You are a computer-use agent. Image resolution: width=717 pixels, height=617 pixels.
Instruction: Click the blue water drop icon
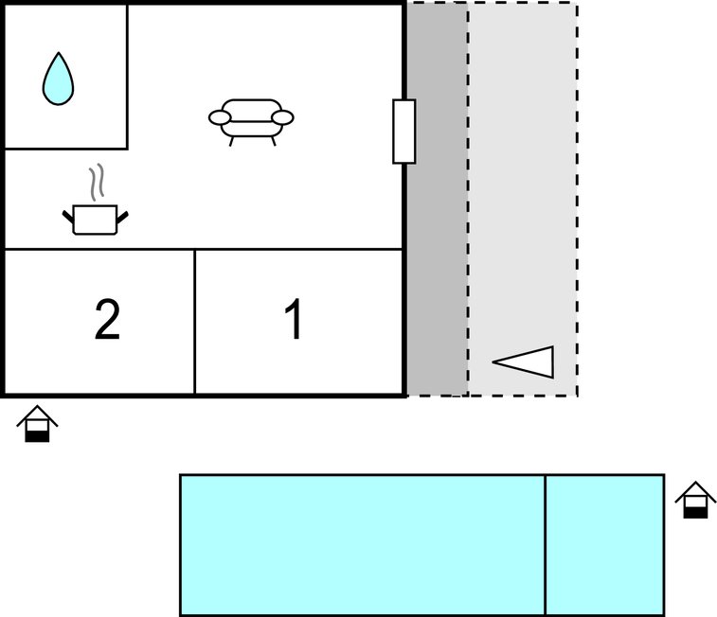point(58,79)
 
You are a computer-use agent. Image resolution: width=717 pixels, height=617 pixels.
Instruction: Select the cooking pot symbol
point(95,220)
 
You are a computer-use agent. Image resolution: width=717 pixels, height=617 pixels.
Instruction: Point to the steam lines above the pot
point(97,182)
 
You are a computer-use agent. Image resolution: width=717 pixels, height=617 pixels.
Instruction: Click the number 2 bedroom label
point(107,320)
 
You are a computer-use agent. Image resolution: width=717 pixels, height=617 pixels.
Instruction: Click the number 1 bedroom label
point(294,319)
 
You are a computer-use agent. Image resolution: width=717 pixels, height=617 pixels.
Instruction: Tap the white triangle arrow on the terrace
point(524,361)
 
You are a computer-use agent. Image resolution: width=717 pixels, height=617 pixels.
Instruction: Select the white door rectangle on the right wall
point(404,132)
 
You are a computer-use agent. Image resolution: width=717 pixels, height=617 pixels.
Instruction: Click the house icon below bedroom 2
point(37,423)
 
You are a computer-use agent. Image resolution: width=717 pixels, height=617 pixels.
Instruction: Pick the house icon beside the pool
point(695,500)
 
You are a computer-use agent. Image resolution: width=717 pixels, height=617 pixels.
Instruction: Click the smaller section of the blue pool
point(605,546)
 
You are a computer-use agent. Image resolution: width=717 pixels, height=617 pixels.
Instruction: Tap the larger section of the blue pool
point(363,546)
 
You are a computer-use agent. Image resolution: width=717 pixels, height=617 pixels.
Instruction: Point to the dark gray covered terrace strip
point(438,199)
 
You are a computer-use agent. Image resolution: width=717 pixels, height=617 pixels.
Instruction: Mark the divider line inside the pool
point(546,546)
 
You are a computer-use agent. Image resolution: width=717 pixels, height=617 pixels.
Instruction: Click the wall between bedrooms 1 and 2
point(195,322)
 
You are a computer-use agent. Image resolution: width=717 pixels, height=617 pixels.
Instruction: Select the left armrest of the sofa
point(220,118)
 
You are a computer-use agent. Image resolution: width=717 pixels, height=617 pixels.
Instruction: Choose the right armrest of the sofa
point(282,118)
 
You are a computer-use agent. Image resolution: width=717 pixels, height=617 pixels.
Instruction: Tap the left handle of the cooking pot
point(68,217)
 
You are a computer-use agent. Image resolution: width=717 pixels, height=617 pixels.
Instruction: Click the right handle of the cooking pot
point(122,218)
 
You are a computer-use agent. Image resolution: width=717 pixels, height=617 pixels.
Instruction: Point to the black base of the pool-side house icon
point(695,513)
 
